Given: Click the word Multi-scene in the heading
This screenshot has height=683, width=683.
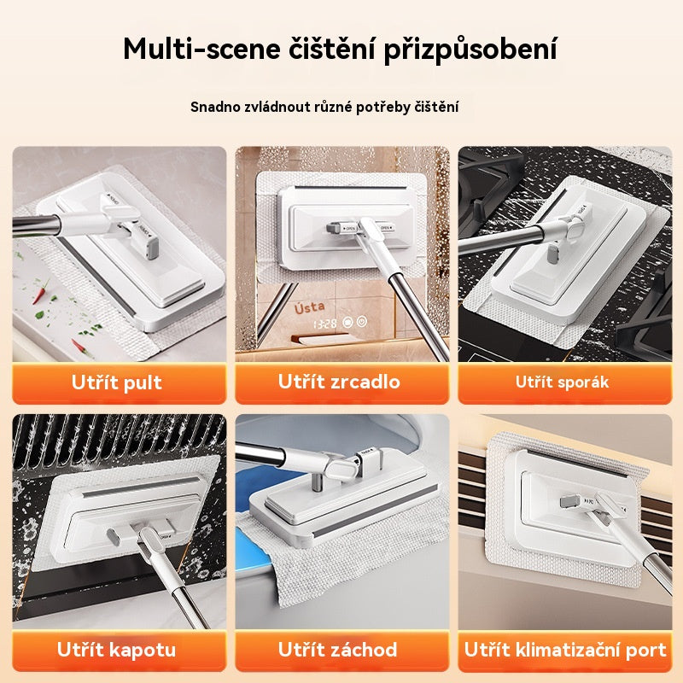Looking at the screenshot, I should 196,49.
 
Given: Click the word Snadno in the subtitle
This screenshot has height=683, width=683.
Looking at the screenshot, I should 216,108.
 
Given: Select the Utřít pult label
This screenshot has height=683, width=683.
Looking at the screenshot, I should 117,382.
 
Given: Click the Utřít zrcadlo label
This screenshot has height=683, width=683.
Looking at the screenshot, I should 339,382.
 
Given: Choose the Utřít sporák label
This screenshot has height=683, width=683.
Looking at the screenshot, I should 562,382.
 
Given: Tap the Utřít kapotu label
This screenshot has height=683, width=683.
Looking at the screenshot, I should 117,649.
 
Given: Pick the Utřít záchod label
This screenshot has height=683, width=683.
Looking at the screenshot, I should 339,649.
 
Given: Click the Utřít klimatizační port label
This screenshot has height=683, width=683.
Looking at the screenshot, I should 564,650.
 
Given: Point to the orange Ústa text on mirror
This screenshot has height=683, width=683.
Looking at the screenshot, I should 313,308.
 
